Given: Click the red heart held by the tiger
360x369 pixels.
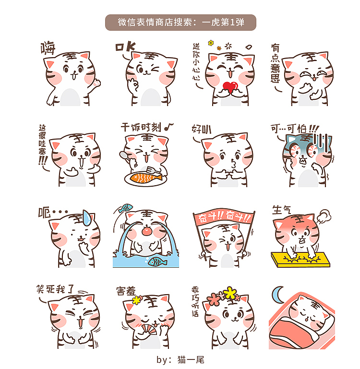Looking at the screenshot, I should pos(229,87).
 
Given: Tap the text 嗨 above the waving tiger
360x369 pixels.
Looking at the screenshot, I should pos(48,48).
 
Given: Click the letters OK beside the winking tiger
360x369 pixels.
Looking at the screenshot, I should pos(125,47).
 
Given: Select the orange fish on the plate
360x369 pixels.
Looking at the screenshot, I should pos(144,179).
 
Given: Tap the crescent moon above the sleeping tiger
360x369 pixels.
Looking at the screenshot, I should pos(277,293).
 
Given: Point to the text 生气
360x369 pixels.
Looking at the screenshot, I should pos(282,210).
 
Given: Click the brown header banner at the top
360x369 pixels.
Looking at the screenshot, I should pos(180,23).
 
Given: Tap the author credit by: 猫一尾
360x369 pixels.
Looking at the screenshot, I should pos(180,359).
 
